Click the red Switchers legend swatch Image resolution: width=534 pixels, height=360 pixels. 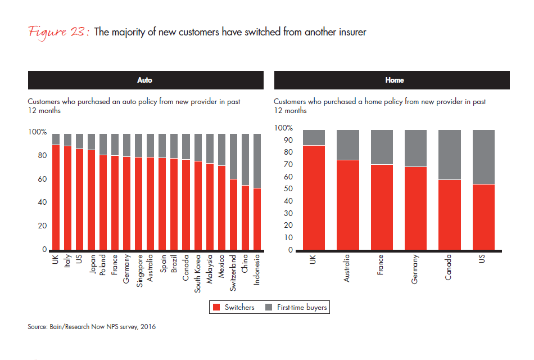(x=216, y=308)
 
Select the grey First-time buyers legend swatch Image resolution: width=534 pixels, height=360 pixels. (x=269, y=308)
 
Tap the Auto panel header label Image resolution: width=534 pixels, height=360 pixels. (x=145, y=80)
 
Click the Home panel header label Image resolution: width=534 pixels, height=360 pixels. (x=394, y=80)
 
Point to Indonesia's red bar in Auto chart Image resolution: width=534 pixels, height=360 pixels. (x=257, y=219)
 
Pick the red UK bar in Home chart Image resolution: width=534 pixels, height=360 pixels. (x=314, y=197)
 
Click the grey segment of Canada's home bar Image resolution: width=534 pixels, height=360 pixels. (x=449, y=155)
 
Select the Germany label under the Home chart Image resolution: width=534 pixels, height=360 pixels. (x=415, y=269)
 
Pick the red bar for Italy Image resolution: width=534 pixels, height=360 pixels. (x=67, y=197)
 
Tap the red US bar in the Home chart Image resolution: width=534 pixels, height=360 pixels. (x=483, y=217)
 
